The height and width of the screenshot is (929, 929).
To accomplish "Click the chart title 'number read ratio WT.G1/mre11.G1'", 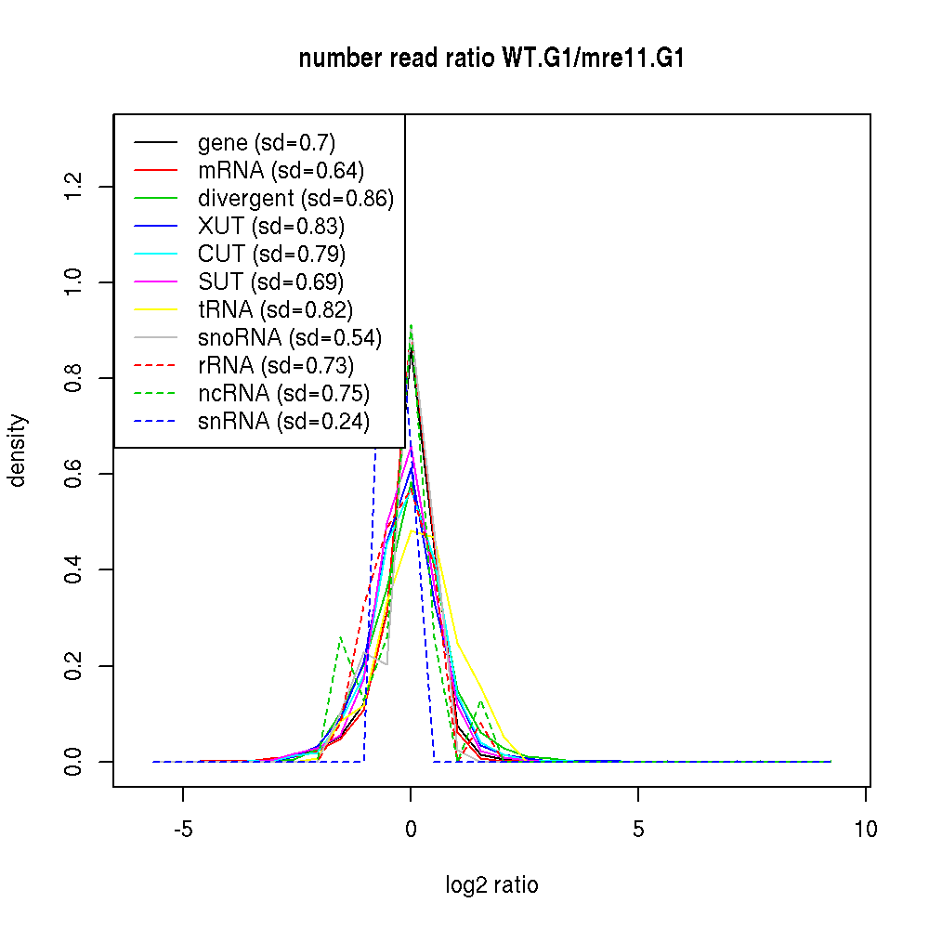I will (491, 59).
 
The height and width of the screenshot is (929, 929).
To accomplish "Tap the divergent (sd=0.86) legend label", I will (295, 199).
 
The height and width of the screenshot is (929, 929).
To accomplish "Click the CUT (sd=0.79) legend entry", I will (271, 255).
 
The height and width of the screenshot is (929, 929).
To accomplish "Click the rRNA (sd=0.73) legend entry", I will (276, 366).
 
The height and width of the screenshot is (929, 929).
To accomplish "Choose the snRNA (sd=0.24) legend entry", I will (283, 422).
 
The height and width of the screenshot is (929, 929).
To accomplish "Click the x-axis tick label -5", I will (182, 830).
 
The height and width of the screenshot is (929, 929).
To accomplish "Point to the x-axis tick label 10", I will (866, 830).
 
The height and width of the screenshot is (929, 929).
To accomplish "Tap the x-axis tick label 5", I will (638, 830).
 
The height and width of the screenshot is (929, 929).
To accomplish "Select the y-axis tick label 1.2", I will (75, 186).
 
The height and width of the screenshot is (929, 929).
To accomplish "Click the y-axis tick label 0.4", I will (75, 569).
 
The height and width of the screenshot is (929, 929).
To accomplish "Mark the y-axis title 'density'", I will (19, 451).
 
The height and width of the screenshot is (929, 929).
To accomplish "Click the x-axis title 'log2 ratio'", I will (491, 885).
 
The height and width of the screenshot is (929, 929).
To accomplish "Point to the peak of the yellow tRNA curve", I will (411, 530).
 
